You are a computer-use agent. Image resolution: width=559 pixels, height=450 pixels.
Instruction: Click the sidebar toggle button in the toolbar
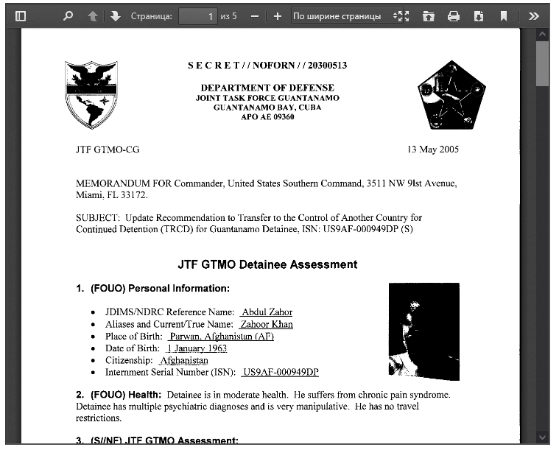(21, 15)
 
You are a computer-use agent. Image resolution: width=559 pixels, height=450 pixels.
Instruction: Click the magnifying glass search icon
(68, 15)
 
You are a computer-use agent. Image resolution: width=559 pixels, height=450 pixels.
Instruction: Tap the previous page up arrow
(92, 15)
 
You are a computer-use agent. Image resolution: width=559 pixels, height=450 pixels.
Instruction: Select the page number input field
(198, 15)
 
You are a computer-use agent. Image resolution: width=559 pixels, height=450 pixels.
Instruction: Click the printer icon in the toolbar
(454, 15)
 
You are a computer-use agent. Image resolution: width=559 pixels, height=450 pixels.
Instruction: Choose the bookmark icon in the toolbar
(504, 15)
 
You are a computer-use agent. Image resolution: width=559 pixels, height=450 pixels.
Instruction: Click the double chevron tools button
(534, 15)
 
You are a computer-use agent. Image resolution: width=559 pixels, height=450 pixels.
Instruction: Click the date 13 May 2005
(433, 150)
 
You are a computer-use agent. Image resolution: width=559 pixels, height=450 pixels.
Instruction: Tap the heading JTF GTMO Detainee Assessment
(267, 264)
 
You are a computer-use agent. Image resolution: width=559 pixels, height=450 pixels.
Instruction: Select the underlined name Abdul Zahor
(267, 312)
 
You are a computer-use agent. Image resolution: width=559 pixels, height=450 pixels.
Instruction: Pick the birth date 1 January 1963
(197, 348)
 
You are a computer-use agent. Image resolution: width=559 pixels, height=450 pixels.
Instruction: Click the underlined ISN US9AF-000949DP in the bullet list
(281, 373)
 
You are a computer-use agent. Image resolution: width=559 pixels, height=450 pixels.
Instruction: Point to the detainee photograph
(423, 331)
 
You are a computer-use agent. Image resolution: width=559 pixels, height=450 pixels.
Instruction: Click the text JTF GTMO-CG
(108, 150)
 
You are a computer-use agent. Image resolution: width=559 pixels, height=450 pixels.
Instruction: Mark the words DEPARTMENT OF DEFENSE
(267, 88)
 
